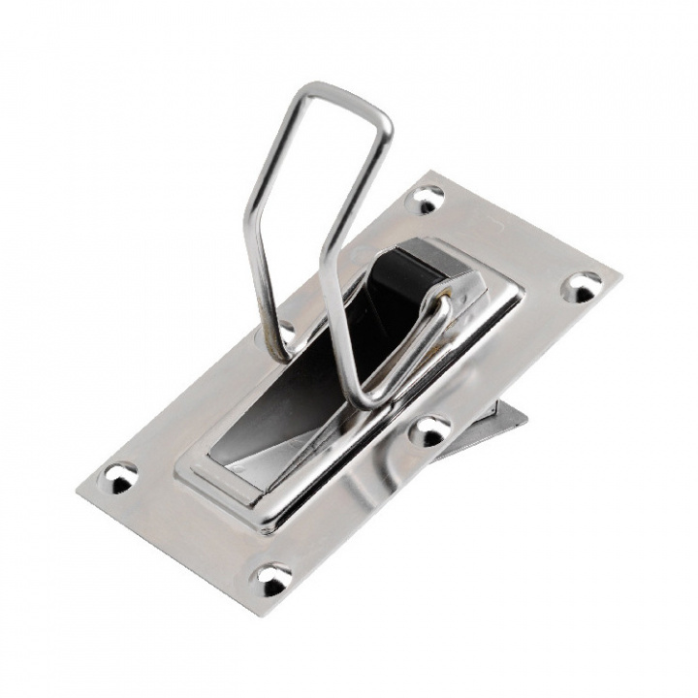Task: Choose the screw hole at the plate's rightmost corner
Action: [x=583, y=285]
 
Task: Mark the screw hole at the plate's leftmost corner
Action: [x=121, y=475]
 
